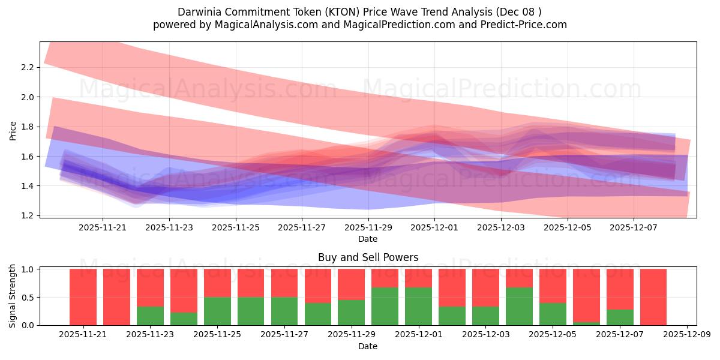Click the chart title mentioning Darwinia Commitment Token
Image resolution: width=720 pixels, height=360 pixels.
pos(360,12)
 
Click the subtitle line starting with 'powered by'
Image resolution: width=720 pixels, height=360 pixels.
pos(360,25)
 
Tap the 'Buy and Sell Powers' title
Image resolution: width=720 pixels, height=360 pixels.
pos(368,258)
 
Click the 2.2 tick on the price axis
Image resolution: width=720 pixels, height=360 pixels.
pos(26,67)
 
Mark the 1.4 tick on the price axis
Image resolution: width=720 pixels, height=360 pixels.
pos(26,186)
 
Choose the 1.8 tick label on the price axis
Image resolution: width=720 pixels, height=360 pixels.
pos(26,127)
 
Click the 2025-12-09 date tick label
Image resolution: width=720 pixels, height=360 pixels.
pos(685,335)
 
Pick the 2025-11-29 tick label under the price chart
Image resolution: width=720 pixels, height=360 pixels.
pos(368,227)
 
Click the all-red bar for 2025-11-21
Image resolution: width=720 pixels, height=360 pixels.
pos(83,297)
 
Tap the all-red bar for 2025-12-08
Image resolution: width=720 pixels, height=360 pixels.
pos(653,297)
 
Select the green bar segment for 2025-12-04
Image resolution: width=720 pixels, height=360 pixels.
pos(519,307)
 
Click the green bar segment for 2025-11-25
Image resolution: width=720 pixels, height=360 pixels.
pos(217,311)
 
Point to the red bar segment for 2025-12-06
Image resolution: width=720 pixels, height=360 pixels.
pos(586,294)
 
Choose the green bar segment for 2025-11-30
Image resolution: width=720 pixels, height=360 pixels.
pos(385,307)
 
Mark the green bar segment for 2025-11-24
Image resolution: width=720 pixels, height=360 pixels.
pos(184,319)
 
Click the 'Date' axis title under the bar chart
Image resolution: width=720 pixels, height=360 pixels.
pos(368,346)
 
